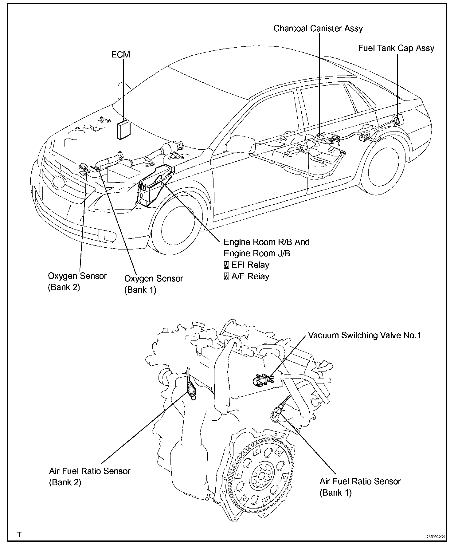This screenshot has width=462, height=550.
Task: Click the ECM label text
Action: point(120,55)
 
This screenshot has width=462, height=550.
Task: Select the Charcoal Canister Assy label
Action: point(318,29)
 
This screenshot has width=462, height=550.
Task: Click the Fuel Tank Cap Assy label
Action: point(396,48)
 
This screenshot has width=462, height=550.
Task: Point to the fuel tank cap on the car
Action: point(397,120)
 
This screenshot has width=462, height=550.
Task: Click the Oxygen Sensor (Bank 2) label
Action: point(77,281)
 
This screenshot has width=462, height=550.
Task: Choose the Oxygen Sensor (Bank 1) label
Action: point(153,284)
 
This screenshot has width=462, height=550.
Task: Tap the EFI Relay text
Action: point(250,265)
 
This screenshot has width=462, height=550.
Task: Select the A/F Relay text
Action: point(250,276)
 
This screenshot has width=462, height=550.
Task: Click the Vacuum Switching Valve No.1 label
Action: point(364,335)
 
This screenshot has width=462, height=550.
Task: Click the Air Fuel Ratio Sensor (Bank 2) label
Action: point(89,476)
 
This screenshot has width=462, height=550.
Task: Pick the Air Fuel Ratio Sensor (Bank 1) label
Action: point(360,486)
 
